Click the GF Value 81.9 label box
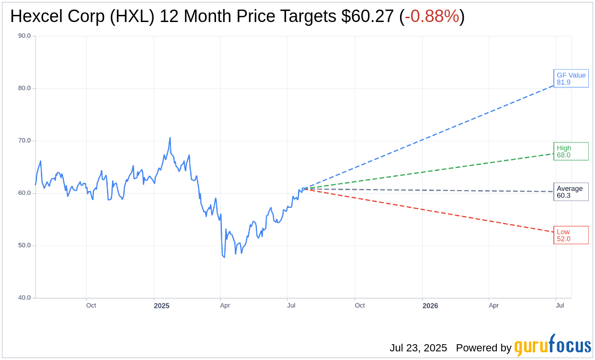click(571, 79)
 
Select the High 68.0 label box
click(571, 151)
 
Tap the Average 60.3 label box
click(571, 191)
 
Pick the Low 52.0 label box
click(571, 235)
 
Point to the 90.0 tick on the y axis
click(24, 36)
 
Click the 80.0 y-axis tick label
click(24, 88)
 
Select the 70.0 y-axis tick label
click(24, 141)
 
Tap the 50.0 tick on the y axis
click(24, 246)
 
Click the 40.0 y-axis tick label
click(24, 298)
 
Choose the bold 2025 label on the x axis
click(161, 306)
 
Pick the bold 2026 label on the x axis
click(430, 306)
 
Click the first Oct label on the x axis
click(91, 305)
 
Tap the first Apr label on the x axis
click(225, 305)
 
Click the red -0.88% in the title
click(432, 16)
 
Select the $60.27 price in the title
click(367, 16)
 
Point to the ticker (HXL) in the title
click(132, 16)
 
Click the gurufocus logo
click(552, 346)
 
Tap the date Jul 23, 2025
click(418, 348)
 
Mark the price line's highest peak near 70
click(170, 138)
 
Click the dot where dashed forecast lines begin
click(307, 189)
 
